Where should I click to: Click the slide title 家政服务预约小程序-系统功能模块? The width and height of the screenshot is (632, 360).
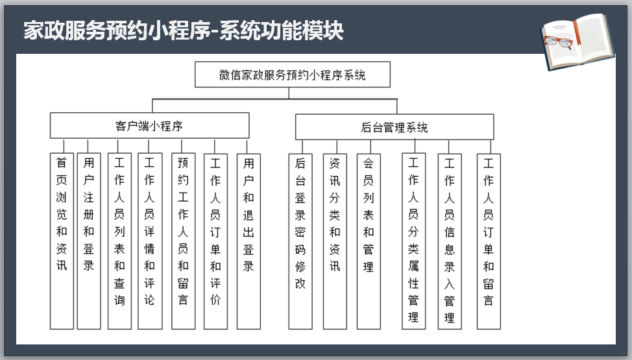(x=184, y=30)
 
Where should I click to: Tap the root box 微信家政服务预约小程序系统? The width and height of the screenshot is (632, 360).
(x=293, y=75)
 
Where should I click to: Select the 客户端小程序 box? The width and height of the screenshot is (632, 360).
(x=149, y=126)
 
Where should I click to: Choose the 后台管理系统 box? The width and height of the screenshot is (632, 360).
(x=395, y=127)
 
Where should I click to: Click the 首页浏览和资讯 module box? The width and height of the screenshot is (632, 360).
(x=62, y=241)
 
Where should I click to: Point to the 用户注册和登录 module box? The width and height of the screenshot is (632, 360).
(x=89, y=241)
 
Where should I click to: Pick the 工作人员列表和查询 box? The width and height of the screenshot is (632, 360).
(x=119, y=241)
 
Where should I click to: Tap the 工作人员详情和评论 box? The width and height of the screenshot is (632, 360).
(x=150, y=241)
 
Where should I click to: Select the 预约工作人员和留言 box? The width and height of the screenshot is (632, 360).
(x=184, y=241)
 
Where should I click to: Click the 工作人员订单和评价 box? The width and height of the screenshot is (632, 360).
(x=215, y=241)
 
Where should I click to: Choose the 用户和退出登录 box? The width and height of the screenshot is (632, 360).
(x=249, y=241)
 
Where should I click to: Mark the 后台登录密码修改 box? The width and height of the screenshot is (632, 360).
(x=300, y=241)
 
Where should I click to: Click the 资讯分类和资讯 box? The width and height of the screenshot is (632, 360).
(x=335, y=241)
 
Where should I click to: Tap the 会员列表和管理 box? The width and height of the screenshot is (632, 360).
(x=369, y=241)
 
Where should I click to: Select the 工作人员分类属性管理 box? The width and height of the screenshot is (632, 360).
(x=413, y=241)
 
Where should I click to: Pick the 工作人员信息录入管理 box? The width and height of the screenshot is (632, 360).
(x=450, y=241)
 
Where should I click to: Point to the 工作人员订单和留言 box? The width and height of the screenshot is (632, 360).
(x=489, y=241)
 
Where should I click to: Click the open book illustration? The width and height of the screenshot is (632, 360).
(x=577, y=42)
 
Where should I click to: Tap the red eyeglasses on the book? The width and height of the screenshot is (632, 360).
(x=559, y=42)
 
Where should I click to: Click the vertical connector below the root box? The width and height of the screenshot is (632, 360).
(x=289, y=93)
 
